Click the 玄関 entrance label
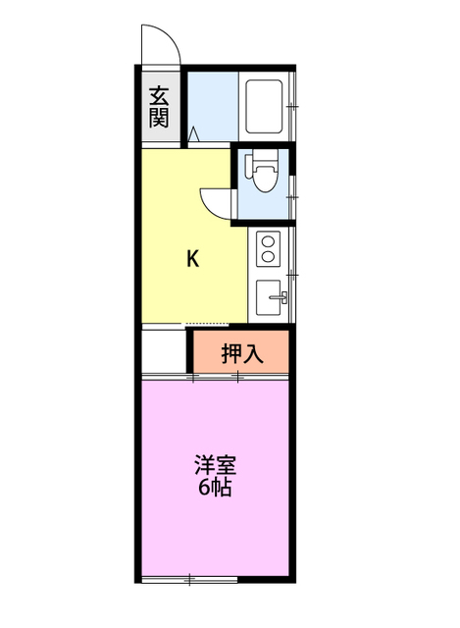159,107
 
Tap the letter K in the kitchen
193,258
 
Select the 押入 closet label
242,353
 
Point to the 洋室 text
216,465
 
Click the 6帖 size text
215,487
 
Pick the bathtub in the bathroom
264,106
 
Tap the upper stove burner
268,242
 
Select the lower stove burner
268,256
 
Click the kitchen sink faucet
280,297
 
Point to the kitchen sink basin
268,297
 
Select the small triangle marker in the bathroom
194,133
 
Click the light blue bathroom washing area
213,106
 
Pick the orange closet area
241,351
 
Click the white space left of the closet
164,351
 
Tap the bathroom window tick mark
292,106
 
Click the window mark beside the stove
292,275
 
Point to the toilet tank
266,157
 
